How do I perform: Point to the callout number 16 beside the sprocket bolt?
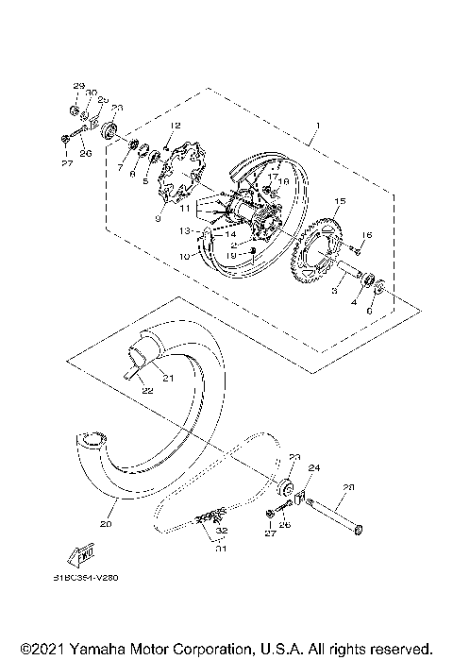pos(368,234)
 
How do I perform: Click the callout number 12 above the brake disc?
pos(175,126)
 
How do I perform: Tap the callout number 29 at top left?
pos(77,86)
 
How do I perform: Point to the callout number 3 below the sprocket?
pos(336,293)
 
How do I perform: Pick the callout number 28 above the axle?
pos(348,487)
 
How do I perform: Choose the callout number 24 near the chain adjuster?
pos(315,468)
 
